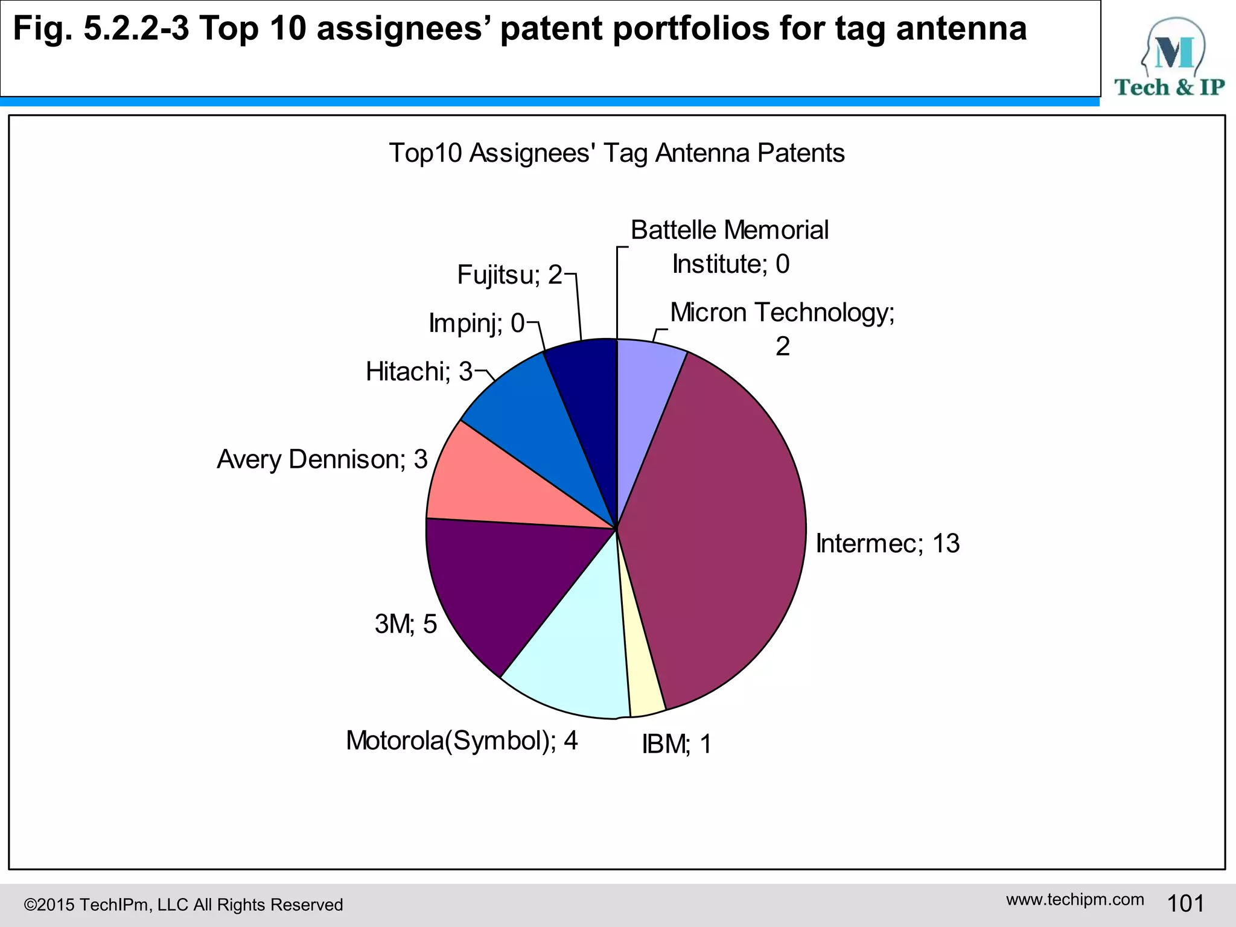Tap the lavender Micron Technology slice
(x=646, y=386)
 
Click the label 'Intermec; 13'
(x=887, y=543)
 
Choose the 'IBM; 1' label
(x=677, y=744)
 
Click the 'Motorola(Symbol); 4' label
(x=462, y=741)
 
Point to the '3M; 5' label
(x=406, y=623)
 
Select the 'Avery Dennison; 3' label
(x=322, y=459)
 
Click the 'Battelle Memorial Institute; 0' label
(x=730, y=247)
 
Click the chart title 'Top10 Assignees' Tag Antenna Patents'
(x=617, y=153)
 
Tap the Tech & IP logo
(x=1170, y=57)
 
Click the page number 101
(x=1185, y=903)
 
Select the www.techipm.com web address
(x=1075, y=899)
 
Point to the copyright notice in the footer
(x=183, y=905)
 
